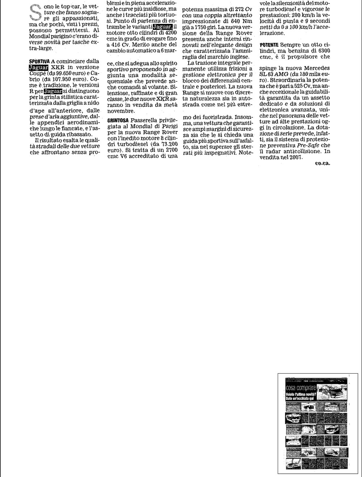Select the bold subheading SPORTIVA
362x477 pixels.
coord(39,61)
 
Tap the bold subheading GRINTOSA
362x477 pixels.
coord(118,120)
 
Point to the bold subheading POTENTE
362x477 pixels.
coord(269,44)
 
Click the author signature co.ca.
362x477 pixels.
coord(323,163)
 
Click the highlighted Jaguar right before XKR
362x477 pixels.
coord(38,67)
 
